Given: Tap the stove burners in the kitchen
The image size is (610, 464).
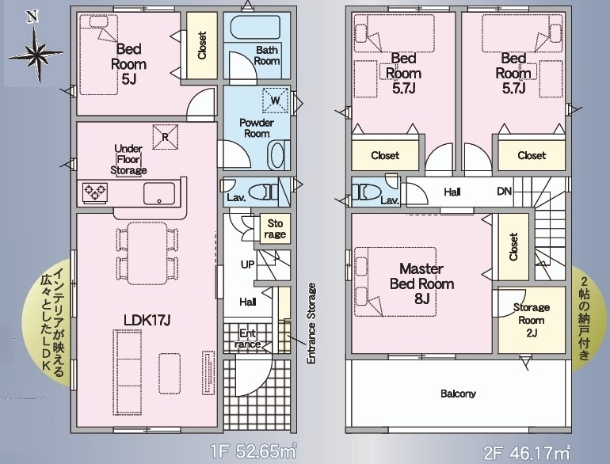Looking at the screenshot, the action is pos(95,193).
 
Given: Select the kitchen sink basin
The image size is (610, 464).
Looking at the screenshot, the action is pos(159,193).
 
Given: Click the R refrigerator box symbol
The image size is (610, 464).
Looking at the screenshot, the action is pos(165,136).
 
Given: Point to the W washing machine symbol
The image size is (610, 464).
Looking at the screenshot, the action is pos(276,101).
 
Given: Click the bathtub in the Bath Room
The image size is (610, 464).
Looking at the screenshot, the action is pos(255,26).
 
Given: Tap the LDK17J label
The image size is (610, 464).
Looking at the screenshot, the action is pos(147,320).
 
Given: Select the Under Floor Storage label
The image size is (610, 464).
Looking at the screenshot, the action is pos(128,159).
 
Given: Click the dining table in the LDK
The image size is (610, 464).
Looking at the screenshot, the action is pos(147,253).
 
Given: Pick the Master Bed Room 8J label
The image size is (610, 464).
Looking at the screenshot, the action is pos(421,283).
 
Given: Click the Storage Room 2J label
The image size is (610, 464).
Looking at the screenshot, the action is pos(532,320).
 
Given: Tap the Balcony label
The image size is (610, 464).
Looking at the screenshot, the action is pos(458,394).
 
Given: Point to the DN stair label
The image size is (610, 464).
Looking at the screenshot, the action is pos(504,192).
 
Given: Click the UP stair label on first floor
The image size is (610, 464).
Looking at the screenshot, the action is pos(247,264).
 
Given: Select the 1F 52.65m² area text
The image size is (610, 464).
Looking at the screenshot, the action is pos(254,452).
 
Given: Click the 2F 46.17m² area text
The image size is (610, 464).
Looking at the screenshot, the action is pos(527,452).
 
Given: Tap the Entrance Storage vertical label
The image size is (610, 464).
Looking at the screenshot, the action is pos(311,324).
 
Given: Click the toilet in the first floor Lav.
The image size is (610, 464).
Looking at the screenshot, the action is pos(263,192).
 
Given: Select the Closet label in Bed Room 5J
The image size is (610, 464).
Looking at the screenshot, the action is pos(202,45).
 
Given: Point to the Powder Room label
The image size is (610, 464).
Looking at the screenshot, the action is pos(257,128).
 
